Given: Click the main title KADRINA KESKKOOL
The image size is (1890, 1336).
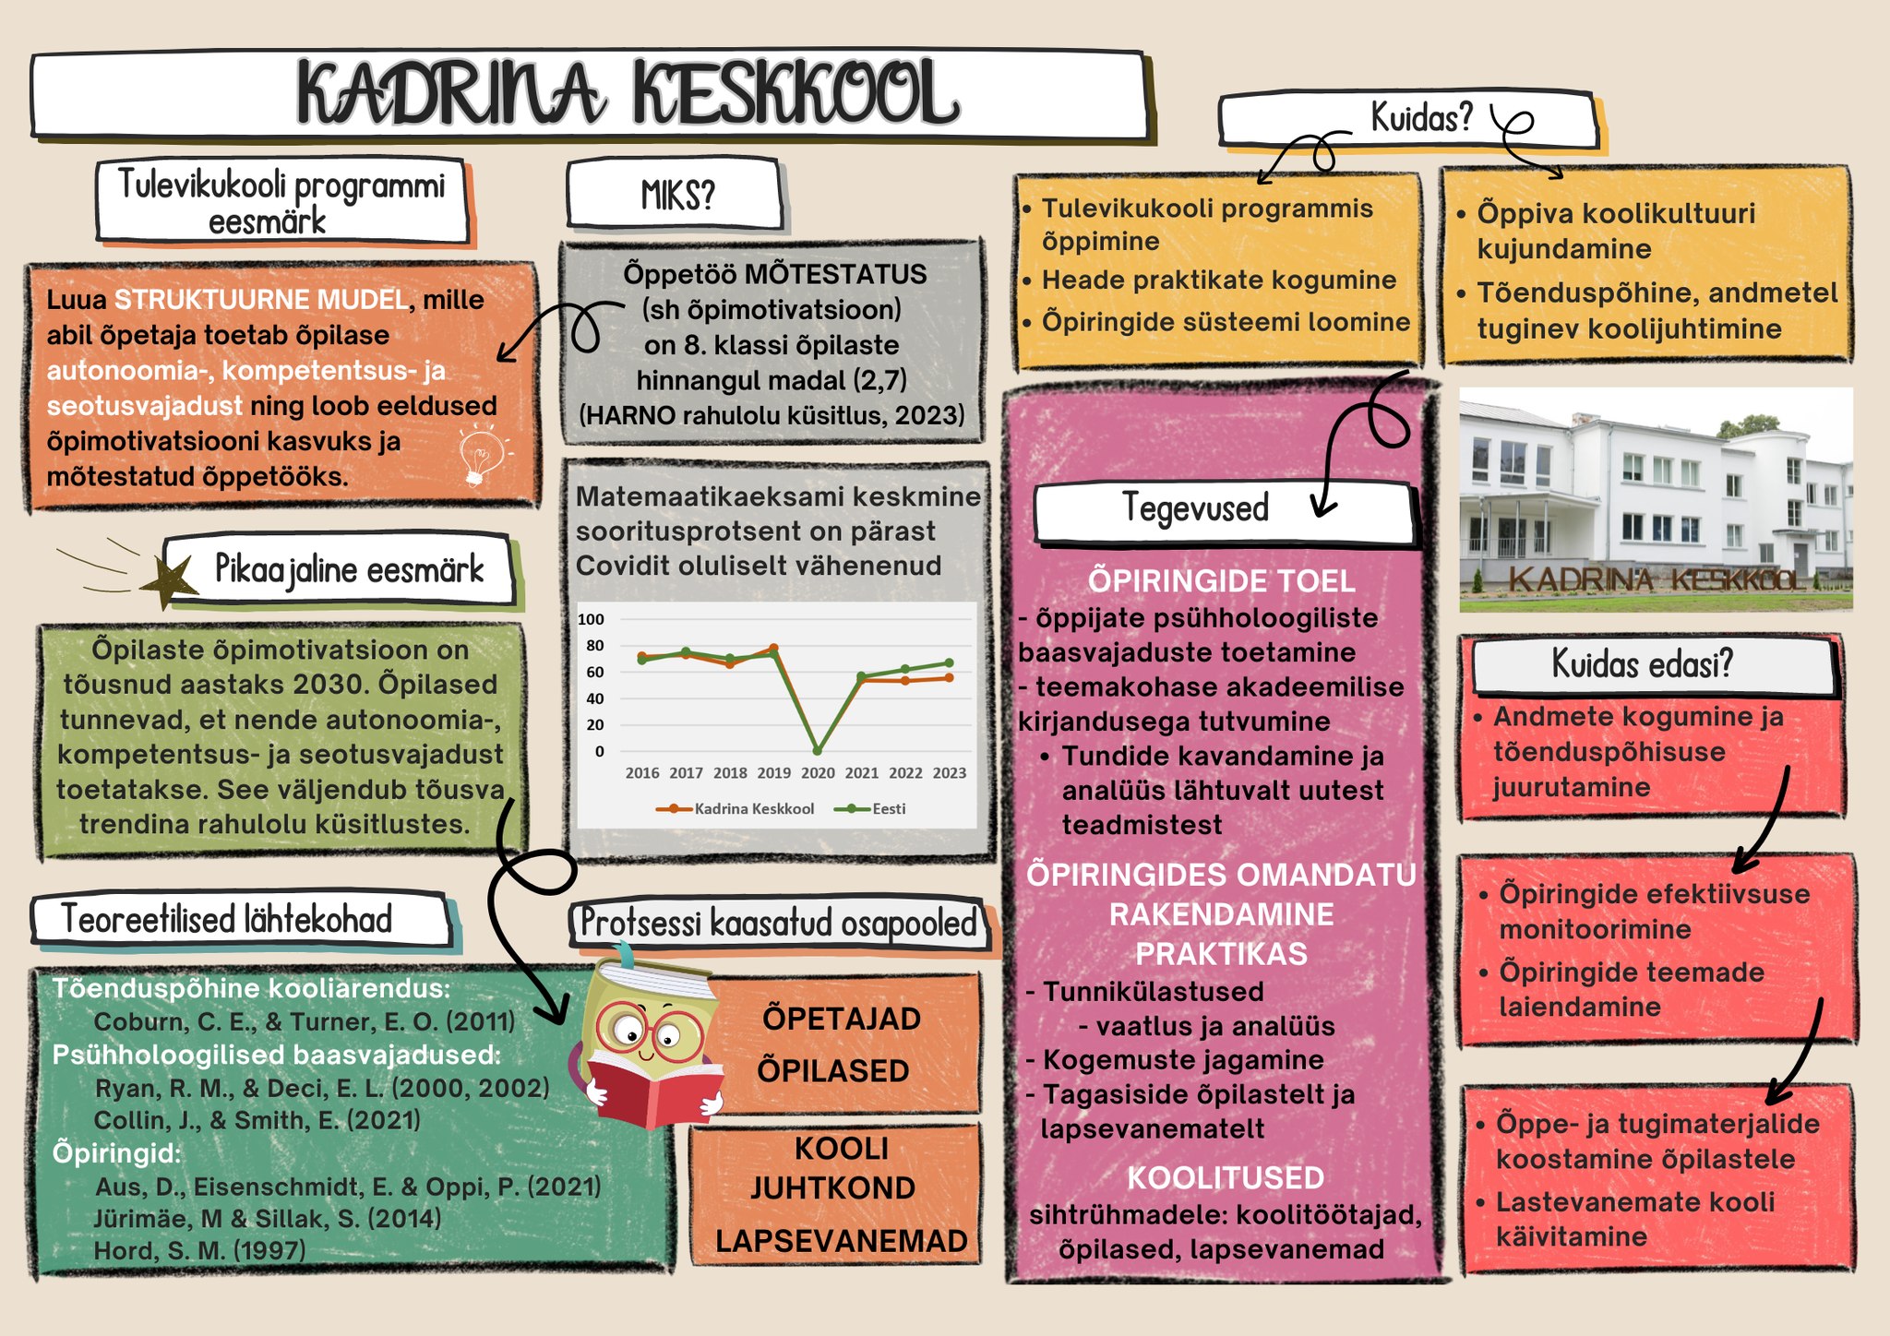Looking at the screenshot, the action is [628, 93].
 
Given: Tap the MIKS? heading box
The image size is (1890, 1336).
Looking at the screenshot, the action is [676, 194].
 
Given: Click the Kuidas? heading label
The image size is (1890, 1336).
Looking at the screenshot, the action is [1421, 118].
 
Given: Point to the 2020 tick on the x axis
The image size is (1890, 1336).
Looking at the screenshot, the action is [818, 773].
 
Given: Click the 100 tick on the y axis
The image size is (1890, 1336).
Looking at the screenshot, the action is [591, 619].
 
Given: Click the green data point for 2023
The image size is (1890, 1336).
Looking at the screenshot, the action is [949, 662].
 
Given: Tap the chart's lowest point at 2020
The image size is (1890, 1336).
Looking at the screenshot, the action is [818, 751].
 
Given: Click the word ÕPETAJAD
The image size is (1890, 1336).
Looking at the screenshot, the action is [842, 1019].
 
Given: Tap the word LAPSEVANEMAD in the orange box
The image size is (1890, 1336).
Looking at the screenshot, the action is [842, 1241].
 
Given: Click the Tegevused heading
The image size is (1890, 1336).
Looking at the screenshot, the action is [1195, 507].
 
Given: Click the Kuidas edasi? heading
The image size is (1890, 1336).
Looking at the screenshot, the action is [1643, 663].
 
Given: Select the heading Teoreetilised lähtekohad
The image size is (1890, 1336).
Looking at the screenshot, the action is [227, 919].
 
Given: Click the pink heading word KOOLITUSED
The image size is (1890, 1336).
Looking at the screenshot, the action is [1226, 1178].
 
